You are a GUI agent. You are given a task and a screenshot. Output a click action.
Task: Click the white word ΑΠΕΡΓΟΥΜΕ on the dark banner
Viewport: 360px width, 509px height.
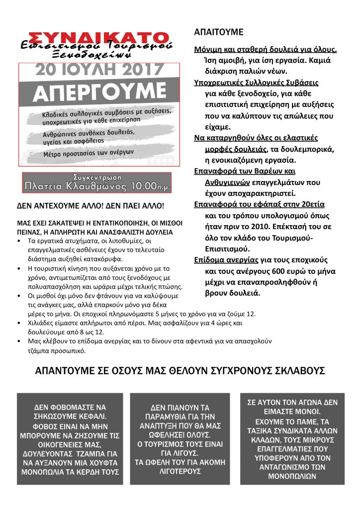coord(96,91)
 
